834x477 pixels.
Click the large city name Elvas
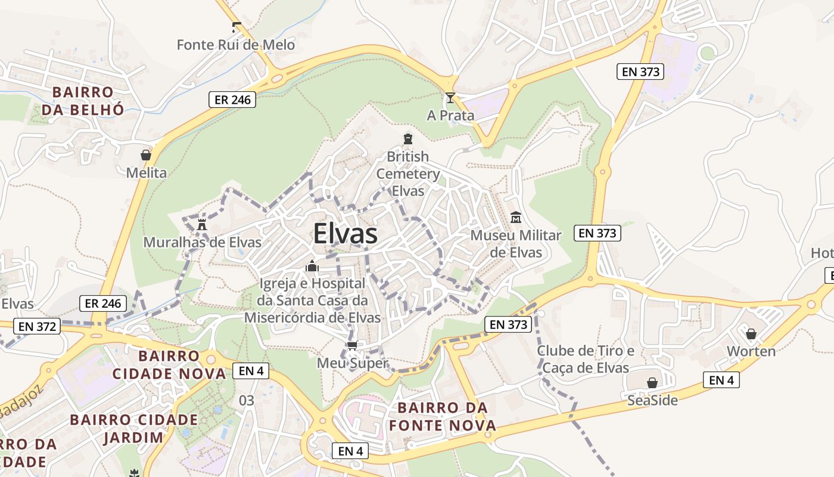pos(345,234)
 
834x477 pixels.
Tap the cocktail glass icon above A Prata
pos(450,98)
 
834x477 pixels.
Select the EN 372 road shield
pos(37,326)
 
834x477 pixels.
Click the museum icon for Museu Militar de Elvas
pos(516,218)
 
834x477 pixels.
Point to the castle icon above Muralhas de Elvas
pos(202,224)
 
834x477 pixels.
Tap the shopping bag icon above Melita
pos(146,155)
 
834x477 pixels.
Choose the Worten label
pos(751,351)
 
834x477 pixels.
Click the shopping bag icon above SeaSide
pos(652,382)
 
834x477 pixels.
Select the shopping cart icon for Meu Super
pos(352,345)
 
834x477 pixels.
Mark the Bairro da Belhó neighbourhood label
pos(83,101)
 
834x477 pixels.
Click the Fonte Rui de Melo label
pos(236,45)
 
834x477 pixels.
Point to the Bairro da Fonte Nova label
pos(442,417)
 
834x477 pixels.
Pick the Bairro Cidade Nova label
pos(169,365)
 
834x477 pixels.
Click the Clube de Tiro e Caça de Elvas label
pos(586,359)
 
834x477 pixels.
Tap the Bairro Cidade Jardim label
pos(133,428)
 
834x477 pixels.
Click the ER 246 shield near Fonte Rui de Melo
pos(232,100)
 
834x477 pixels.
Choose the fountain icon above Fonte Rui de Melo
pos(236,27)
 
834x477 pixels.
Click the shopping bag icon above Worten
pos(751,333)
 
